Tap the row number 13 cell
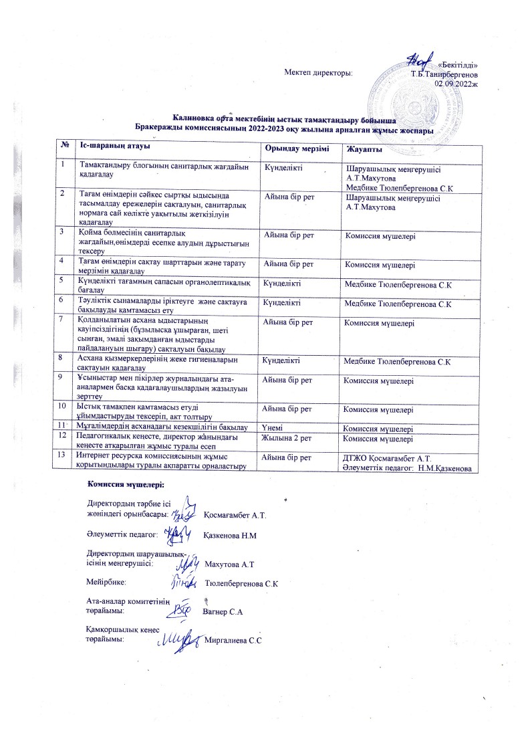click(62, 455)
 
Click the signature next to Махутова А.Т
click(187, 562)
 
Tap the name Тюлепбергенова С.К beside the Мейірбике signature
click(241, 584)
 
